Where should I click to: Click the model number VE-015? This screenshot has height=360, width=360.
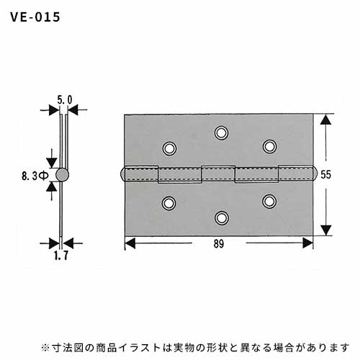[x=35, y=17]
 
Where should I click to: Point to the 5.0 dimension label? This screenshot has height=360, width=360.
[x=65, y=100]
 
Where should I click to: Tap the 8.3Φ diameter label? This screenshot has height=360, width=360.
[x=35, y=176]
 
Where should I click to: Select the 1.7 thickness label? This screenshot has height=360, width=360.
[x=61, y=256]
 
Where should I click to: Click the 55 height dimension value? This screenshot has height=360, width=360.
[x=325, y=174]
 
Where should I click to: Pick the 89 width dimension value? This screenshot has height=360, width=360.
[x=218, y=244]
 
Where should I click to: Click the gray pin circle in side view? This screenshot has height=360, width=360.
[x=62, y=175]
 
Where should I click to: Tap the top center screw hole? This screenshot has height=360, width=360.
[x=221, y=132]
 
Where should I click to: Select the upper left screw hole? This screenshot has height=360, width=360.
[x=169, y=148]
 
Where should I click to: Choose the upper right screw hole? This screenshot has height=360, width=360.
[x=269, y=146]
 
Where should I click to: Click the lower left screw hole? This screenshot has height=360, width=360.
[x=169, y=203]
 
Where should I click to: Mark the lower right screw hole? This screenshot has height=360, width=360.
[x=269, y=202]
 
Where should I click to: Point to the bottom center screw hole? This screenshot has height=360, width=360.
[x=221, y=218]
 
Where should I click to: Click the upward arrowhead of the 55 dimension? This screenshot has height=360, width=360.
[x=325, y=120]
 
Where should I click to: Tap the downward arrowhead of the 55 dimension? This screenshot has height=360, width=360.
[x=325, y=230]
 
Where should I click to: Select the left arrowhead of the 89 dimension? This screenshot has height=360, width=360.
[x=130, y=243]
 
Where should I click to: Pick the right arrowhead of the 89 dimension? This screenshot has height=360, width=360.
[x=307, y=243]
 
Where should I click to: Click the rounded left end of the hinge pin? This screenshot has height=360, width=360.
[x=122, y=175]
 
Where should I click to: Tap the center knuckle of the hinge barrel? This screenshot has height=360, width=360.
[x=218, y=174]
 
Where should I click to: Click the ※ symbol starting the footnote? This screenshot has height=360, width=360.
[x=45, y=348]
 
